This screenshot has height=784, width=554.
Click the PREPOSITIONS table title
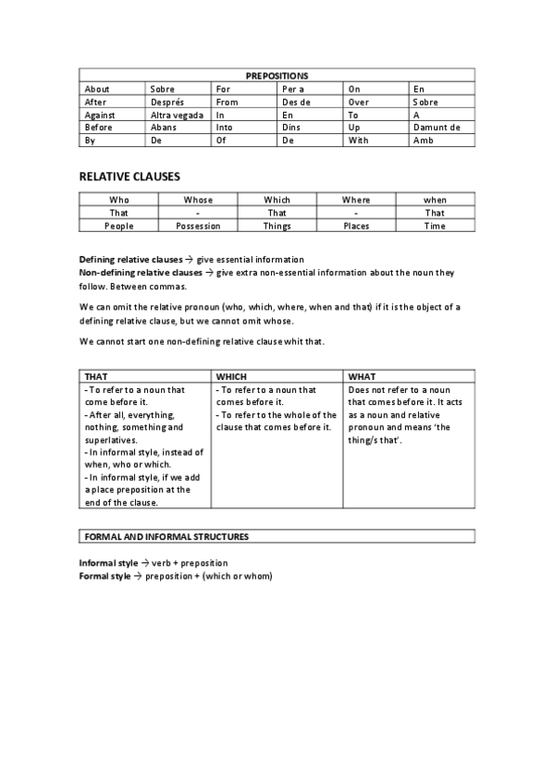click(x=277, y=76)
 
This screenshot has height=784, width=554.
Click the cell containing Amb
click(x=423, y=141)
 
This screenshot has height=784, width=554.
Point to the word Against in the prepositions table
click(x=99, y=115)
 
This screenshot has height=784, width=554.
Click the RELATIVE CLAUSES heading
click(x=129, y=176)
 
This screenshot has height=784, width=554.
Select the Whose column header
click(x=198, y=200)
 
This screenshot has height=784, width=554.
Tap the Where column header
click(x=356, y=200)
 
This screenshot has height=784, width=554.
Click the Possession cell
click(x=198, y=226)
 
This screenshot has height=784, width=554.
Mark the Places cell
click(x=356, y=226)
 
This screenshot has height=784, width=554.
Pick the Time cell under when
click(x=435, y=226)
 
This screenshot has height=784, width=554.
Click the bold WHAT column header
click(x=362, y=377)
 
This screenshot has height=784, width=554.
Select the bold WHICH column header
click(x=231, y=377)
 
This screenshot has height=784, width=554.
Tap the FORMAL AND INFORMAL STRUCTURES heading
click(x=166, y=536)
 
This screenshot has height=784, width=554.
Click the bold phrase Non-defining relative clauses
click(x=140, y=273)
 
